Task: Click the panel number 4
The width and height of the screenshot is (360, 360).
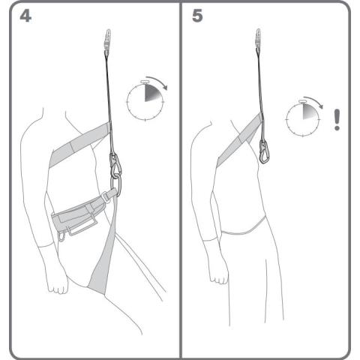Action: [x=25, y=16]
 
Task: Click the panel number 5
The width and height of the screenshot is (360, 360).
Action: [x=197, y=16]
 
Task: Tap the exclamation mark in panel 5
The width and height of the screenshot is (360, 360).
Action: [x=337, y=119]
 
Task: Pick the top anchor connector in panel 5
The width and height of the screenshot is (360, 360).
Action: [x=259, y=39]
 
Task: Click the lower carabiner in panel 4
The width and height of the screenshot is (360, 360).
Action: [x=115, y=166]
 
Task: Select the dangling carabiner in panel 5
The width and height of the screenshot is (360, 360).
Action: [x=264, y=151]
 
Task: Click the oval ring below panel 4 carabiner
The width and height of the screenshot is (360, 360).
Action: [x=116, y=186]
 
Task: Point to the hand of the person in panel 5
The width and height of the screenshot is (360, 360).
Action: [x=219, y=274]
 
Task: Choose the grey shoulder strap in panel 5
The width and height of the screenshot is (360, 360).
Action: [x=238, y=140]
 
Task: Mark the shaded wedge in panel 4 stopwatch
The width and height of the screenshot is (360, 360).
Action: [x=151, y=92]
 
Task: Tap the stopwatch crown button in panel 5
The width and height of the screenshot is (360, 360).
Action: [x=302, y=101]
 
